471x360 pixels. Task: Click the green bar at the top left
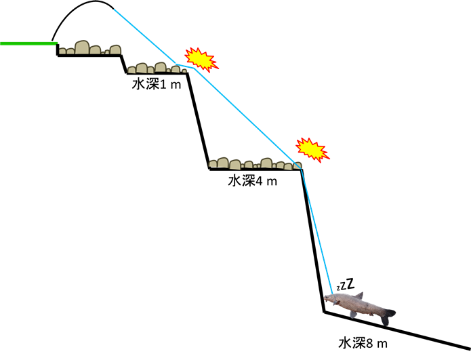click(x=28, y=43)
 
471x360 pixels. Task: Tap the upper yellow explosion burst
click(x=201, y=59)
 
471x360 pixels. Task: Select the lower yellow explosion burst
click(x=312, y=149)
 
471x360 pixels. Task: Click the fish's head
click(x=331, y=298)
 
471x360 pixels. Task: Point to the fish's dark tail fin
click(x=387, y=315)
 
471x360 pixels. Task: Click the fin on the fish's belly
click(x=353, y=314)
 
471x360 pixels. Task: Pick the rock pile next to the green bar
click(x=89, y=48)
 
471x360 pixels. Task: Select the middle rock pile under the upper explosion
click(x=157, y=68)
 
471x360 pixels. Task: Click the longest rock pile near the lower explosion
click(x=254, y=163)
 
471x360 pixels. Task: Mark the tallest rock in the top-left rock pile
click(x=82, y=47)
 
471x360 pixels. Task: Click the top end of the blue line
click(x=115, y=10)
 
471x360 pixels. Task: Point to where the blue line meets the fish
click(x=332, y=293)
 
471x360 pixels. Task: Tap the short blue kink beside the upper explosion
click(x=185, y=66)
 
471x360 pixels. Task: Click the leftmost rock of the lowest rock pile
click(x=213, y=163)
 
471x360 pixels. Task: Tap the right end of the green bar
click(x=56, y=43)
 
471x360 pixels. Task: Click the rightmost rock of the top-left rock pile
click(x=116, y=49)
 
